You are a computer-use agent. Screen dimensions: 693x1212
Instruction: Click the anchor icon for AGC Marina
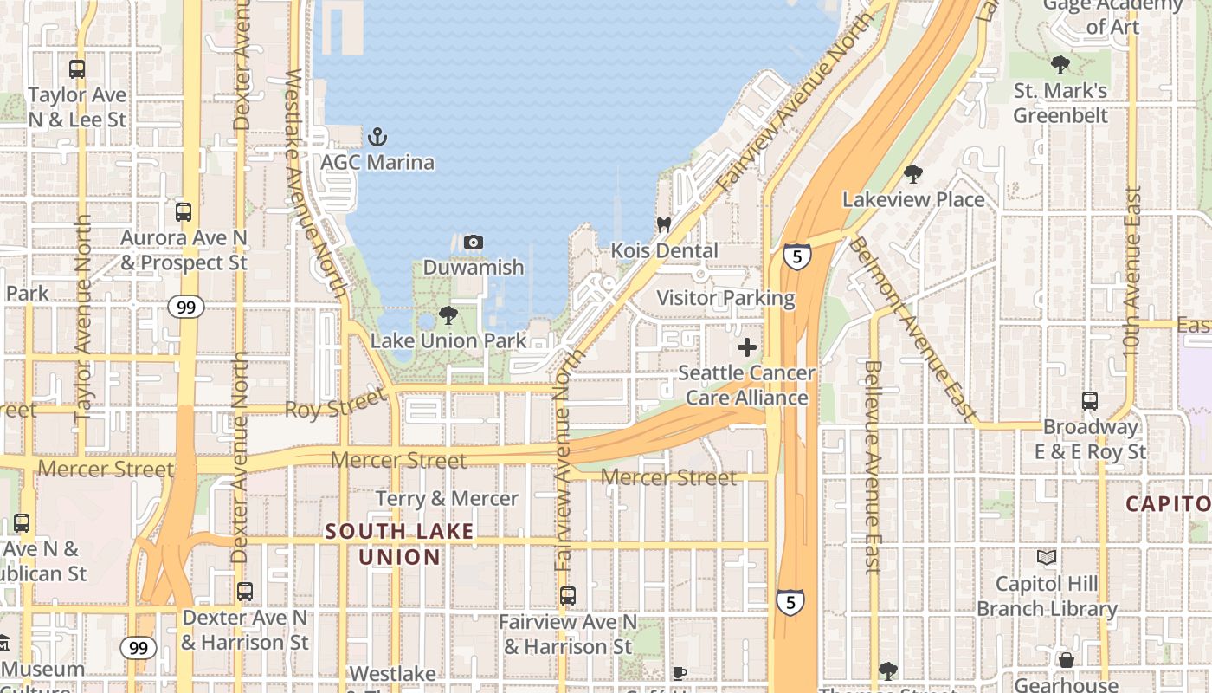(x=377, y=137)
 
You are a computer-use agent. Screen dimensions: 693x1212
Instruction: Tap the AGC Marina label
(x=377, y=162)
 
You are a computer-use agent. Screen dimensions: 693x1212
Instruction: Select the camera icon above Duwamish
(x=474, y=242)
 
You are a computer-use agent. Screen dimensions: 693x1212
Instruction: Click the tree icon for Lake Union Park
(x=448, y=315)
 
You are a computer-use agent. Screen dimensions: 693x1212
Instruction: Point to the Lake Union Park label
(x=448, y=340)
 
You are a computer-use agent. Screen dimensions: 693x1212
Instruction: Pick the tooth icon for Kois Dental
(x=664, y=224)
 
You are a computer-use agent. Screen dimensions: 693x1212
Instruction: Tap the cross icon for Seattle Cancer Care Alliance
(x=746, y=348)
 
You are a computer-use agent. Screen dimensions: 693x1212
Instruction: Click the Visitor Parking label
(x=725, y=298)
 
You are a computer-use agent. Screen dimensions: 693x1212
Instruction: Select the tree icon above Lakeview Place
(x=912, y=174)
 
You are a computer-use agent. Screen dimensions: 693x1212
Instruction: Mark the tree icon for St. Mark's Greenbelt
(x=1060, y=65)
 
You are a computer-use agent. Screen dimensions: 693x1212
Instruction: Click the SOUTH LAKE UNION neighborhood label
(x=400, y=544)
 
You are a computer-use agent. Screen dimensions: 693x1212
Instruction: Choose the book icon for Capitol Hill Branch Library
(x=1047, y=558)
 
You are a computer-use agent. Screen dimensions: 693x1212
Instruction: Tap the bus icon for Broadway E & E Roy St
(x=1089, y=401)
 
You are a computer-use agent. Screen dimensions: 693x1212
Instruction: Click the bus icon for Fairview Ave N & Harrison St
(x=568, y=596)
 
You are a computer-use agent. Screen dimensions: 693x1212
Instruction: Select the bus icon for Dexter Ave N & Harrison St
(x=245, y=592)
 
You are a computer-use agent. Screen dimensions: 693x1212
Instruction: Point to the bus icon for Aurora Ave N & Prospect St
(x=184, y=212)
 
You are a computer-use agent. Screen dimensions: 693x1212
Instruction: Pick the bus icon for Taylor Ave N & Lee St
(x=77, y=69)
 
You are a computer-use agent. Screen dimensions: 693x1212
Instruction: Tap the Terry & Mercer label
(x=447, y=499)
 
